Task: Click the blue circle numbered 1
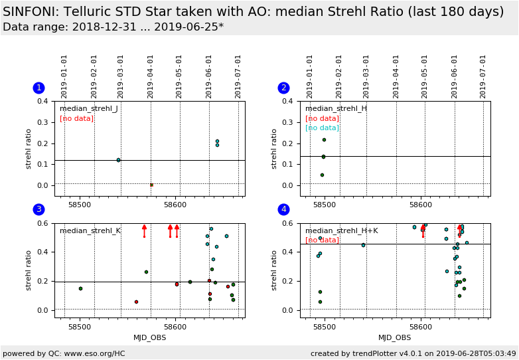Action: click(38, 88)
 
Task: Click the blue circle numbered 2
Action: click(284, 88)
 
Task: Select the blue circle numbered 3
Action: click(38, 209)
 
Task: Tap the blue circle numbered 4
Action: click(284, 209)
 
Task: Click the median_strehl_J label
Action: click(89, 109)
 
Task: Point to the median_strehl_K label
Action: click(90, 231)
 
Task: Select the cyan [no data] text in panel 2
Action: click(322, 128)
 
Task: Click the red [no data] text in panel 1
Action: click(76, 119)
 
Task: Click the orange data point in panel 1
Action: click(151, 185)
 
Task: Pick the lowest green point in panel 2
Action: click(322, 175)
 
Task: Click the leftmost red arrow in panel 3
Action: click(144, 230)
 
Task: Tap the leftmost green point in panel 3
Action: click(80, 288)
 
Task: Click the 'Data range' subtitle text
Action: click(113, 27)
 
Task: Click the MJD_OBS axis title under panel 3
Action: click(149, 337)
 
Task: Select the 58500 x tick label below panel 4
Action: click(325, 327)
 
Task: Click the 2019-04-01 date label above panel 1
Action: click(151, 76)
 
